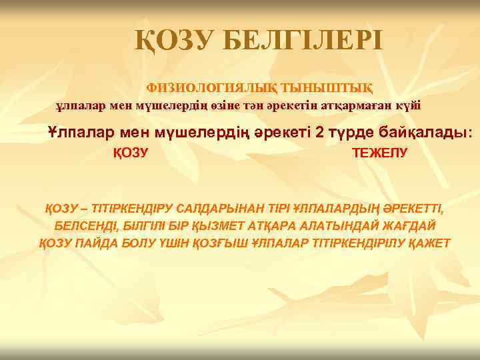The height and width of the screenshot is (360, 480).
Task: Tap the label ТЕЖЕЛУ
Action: pyautogui.click(x=379, y=153)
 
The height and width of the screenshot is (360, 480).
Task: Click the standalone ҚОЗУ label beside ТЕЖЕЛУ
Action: pyautogui.click(x=129, y=153)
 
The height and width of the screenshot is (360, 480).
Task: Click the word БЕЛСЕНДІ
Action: pyautogui.click(x=87, y=225)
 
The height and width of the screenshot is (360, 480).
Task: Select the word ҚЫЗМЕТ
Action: pyautogui.click(x=219, y=225)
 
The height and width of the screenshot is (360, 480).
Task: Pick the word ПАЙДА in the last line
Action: pyautogui.click(x=102, y=242)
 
